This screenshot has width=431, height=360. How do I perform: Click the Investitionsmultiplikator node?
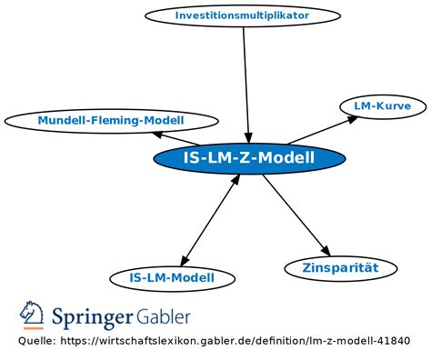(x=242, y=15)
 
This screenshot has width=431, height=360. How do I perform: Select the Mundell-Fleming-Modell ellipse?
(x=111, y=120)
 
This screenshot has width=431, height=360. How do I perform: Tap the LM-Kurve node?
(x=382, y=106)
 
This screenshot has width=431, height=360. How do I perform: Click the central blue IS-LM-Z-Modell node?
(x=249, y=159)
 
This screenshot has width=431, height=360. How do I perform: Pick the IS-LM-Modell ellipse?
(x=172, y=277)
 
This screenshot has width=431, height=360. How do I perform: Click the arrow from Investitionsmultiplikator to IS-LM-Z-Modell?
(x=246, y=82)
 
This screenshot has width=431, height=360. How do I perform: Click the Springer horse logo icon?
(x=32, y=316)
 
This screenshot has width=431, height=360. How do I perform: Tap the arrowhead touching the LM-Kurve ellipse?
(x=352, y=117)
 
